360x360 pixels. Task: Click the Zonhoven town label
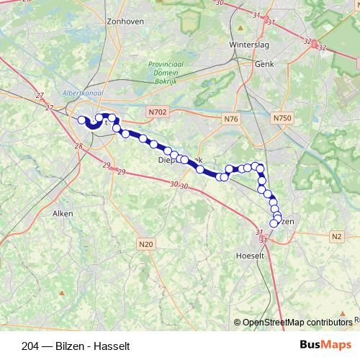[125, 22]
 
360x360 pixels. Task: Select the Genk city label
[265, 63]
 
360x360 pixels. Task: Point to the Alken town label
[63, 213]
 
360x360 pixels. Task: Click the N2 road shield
[337, 236]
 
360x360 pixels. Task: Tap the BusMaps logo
[325, 344]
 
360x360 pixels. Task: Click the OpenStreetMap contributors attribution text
[297, 323]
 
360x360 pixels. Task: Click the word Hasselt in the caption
[112, 345]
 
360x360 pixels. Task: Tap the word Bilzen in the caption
[70, 345]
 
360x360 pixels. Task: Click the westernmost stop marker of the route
[82, 121]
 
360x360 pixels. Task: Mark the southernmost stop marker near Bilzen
[274, 223]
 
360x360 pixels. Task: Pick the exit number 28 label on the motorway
[78, 147]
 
